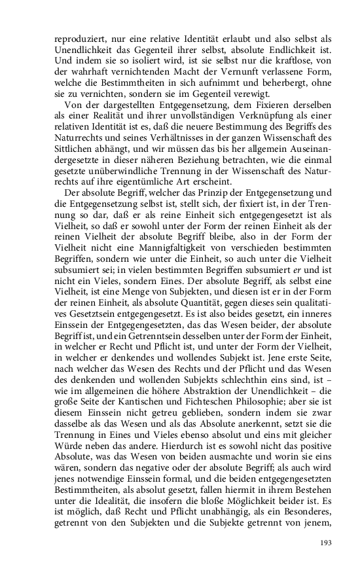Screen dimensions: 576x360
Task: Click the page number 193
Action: (x=325, y=543)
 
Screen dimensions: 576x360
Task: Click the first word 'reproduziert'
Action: (x=78, y=39)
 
